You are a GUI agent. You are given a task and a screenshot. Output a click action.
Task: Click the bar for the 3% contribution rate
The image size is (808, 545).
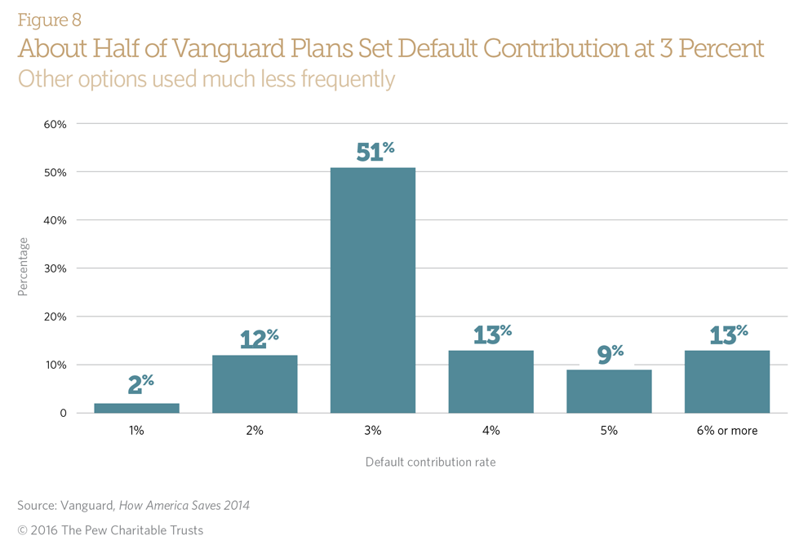click(x=372, y=290)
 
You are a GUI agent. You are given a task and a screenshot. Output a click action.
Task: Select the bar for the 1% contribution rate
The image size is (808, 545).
click(x=136, y=408)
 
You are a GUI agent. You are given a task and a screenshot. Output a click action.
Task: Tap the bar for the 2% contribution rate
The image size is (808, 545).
click(x=255, y=384)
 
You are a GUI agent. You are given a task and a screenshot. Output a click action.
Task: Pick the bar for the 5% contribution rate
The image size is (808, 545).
click(x=609, y=392)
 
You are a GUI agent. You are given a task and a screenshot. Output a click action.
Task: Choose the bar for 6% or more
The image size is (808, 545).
click(x=726, y=382)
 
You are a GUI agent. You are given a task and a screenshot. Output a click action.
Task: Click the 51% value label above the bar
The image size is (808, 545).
click(x=375, y=152)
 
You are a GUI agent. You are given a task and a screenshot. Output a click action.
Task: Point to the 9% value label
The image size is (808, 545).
click(x=610, y=354)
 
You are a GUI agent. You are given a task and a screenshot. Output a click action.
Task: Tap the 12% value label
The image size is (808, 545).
click(x=259, y=339)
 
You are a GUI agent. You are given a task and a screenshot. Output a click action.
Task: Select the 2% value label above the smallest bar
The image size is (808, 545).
click(x=140, y=385)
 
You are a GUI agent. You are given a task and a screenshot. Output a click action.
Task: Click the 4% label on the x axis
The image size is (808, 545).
click(x=491, y=430)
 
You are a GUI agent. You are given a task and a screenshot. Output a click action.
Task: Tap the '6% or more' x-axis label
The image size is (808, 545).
click(x=726, y=430)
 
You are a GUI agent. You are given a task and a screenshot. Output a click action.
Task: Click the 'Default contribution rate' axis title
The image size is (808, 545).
click(x=430, y=462)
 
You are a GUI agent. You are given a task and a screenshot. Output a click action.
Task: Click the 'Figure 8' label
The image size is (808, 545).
click(x=49, y=20)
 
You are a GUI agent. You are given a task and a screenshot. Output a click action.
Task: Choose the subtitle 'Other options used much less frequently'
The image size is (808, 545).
click(x=206, y=79)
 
